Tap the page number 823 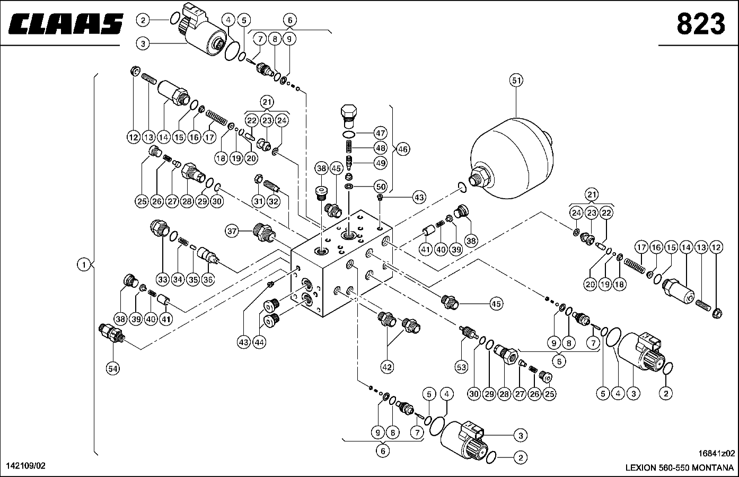click(700, 24)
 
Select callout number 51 click(516, 81)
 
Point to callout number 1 click(84, 264)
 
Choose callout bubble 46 click(403, 149)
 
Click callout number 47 click(380, 133)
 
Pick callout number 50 click(380, 186)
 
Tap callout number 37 click(232, 231)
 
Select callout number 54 click(112, 369)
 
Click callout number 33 click(162, 279)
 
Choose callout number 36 click(208, 279)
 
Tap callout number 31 click(258, 201)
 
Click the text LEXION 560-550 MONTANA click(680, 467)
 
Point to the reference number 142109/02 click(25, 465)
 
